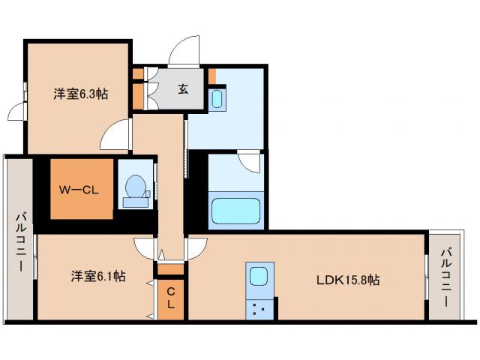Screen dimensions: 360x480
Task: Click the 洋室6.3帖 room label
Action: pyautogui.click(x=79, y=94)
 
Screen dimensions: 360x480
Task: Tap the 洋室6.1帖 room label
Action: pyautogui.click(x=98, y=277)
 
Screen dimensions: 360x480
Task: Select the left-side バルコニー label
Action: pyautogui.click(x=19, y=242)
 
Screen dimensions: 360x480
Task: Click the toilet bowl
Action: pyautogui.click(x=136, y=189)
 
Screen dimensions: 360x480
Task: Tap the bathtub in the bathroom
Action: pyautogui.click(x=235, y=210)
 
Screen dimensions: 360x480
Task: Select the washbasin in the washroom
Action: pyautogui.click(x=217, y=98)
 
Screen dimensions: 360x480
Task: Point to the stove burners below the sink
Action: pyautogui.click(x=259, y=307)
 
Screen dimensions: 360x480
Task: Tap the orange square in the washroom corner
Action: pyautogui.click(x=212, y=75)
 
